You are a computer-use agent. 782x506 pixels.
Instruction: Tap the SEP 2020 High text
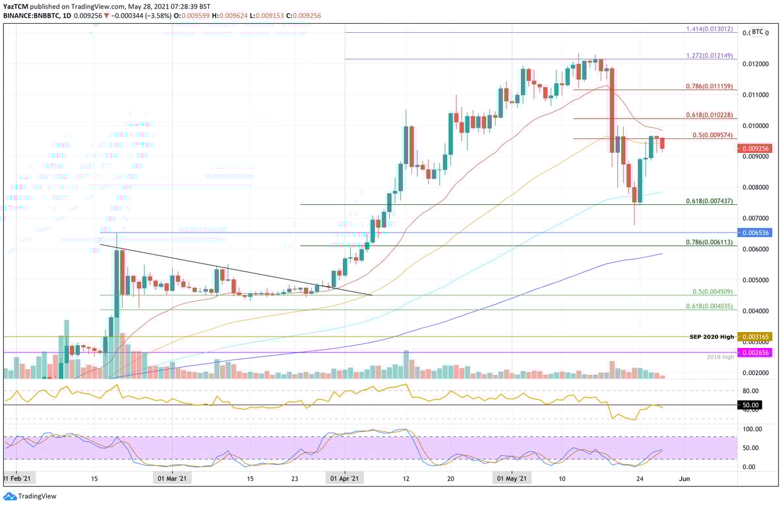pos(711,337)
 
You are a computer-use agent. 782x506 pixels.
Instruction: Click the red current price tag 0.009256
pos(754,149)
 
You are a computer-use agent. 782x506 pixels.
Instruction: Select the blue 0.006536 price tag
pos(754,233)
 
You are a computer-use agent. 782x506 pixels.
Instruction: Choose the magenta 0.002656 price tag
pos(754,353)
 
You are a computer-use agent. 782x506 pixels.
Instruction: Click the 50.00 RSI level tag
pos(752,405)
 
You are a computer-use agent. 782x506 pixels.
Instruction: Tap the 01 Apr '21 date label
pos(344,478)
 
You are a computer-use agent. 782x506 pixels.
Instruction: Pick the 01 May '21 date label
pos(512,478)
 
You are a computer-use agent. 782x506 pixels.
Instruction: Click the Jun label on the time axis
pos(685,478)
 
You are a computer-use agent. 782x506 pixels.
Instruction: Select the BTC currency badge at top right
pos(758,31)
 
